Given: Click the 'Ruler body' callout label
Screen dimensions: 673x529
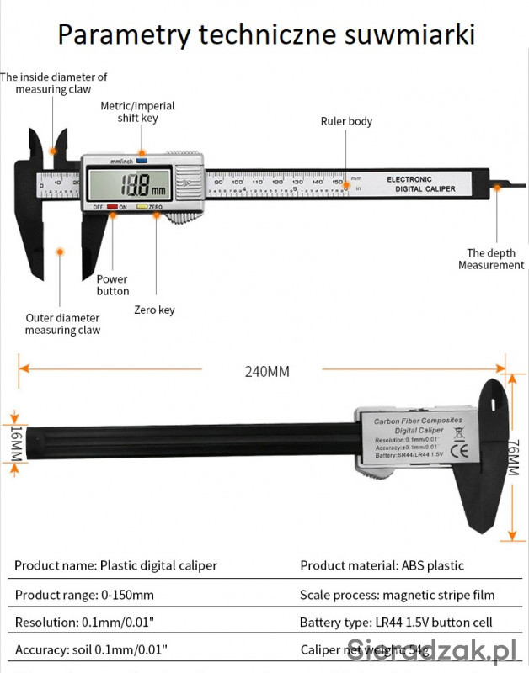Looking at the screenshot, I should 346,121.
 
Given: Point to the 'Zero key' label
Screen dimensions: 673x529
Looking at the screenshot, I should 154,310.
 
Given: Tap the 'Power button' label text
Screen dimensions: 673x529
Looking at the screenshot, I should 112,285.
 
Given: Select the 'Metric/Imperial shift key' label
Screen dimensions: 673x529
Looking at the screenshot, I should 137,112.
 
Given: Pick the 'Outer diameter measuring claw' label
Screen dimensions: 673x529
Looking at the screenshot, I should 62,324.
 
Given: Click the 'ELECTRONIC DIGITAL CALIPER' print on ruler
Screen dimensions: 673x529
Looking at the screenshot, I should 420,183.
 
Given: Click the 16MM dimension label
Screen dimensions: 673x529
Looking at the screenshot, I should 16,442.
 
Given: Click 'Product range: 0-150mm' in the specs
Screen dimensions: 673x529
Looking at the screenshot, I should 84,595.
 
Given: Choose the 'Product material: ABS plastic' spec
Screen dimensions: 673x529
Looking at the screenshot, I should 382,565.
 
